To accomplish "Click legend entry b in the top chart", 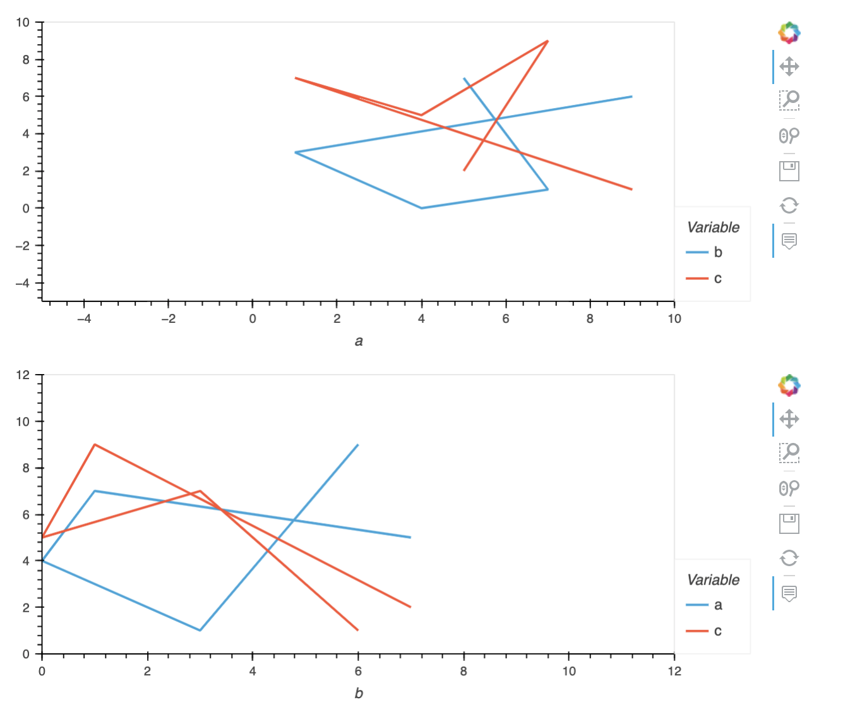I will (x=717, y=252).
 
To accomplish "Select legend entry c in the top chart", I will (x=717, y=279).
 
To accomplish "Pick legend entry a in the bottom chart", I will (x=717, y=605).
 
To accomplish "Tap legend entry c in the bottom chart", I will (x=717, y=631).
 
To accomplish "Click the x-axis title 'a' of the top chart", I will (x=359, y=341).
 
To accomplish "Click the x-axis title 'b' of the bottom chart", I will (x=359, y=693).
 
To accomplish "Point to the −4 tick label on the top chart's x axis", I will (x=83, y=319).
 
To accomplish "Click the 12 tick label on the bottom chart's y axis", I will (x=23, y=375).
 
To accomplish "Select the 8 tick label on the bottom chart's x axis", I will (x=463, y=671).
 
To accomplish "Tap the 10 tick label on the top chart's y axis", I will (x=23, y=23).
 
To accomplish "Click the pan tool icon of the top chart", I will (x=789, y=66).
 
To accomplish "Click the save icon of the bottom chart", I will (x=789, y=523).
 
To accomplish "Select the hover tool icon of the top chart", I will (x=789, y=241).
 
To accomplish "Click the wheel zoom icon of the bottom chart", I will (x=789, y=488).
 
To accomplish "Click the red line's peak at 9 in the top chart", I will (x=547, y=41).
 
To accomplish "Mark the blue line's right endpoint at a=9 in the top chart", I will (x=631, y=97).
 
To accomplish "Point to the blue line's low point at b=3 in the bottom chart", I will (x=200, y=630).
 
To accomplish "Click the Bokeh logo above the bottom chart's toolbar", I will (x=789, y=385).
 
